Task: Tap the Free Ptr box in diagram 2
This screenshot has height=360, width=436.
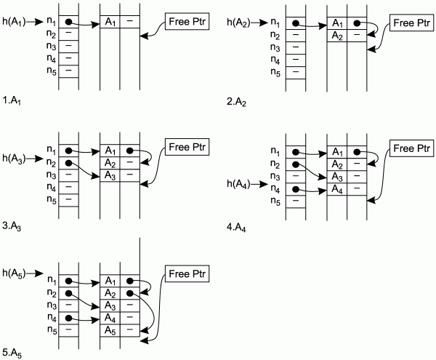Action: [408, 23]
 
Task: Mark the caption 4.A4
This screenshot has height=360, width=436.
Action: [237, 227]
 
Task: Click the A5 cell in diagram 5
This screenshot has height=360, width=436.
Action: [109, 329]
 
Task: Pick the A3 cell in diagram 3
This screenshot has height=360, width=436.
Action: [109, 175]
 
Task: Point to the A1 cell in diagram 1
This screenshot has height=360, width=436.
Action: [109, 22]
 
